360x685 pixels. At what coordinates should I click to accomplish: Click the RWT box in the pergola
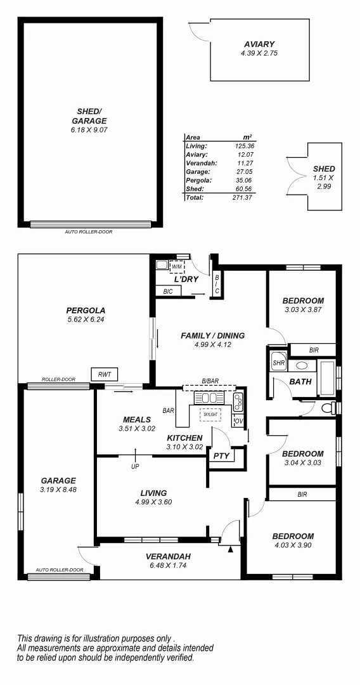pos(103,375)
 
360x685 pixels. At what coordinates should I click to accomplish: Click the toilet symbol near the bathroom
pos(328,408)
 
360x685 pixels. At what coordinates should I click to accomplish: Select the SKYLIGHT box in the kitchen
pos(210,415)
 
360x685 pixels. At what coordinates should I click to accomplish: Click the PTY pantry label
pos(221,455)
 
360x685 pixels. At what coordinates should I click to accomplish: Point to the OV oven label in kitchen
pos(238,421)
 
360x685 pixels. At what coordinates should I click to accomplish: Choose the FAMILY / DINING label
pos(212,336)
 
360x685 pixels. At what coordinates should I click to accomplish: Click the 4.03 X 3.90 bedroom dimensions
pos(293,545)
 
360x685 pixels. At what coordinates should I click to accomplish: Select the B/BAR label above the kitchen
pos(210,381)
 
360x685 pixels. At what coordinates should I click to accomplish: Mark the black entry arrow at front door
pos(230,549)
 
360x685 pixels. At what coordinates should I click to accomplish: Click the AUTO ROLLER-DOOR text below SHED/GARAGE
pos(89,232)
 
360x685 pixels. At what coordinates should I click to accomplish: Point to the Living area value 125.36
pos(243,146)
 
